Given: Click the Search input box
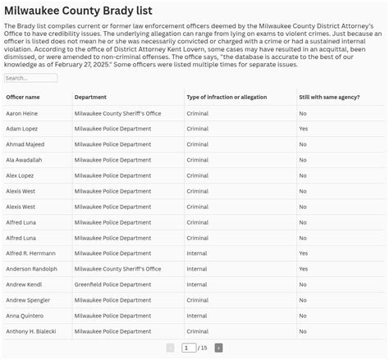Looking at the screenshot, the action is click(x=31, y=79).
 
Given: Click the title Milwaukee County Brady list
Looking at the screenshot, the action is click(x=78, y=10).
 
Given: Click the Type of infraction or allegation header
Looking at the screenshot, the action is click(x=227, y=98).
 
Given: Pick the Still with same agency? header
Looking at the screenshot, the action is click(x=328, y=98).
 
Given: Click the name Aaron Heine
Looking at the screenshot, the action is click(x=22, y=113).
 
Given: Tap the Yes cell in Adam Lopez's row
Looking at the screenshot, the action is click(x=304, y=129).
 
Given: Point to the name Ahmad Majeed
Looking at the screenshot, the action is click(x=25, y=144).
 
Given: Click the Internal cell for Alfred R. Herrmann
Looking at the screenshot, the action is click(x=197, y=253).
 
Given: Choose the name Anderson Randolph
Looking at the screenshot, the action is click(x=31, y=269).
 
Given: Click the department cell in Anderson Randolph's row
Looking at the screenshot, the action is click(x=117, y=269).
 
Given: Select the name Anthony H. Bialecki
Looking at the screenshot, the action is click(x=31, y=331).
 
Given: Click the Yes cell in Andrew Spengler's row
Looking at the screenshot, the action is click(x=304, y=300).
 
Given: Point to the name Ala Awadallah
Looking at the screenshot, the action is click(x=24, y=160).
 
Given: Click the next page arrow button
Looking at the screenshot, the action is click(x=218, y=349).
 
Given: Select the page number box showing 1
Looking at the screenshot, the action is click(x=189, y=349).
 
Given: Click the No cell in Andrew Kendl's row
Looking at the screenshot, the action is click(x=303, y=285).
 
